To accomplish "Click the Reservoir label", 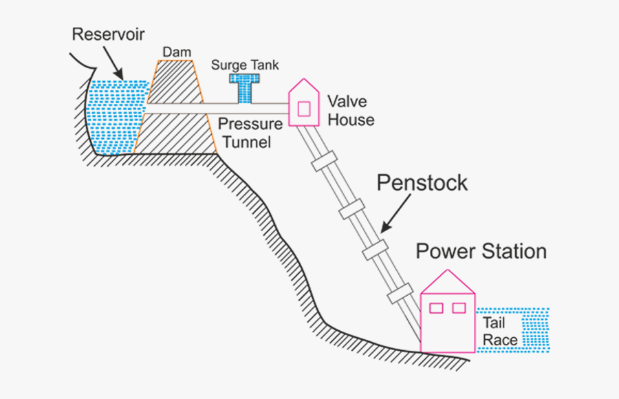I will click(109, 34).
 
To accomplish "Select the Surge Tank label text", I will click(245, 65).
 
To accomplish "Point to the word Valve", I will click(347, 102).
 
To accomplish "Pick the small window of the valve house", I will click(303, 109).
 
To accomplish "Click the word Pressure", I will click(250, 125).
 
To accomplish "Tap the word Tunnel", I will click(246, 142).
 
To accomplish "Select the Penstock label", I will click(422, 183).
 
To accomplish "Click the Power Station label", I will click(481, 251).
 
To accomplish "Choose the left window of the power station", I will click(436, 308).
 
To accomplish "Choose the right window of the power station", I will click(459, 308).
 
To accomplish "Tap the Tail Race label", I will click(500, 331).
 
